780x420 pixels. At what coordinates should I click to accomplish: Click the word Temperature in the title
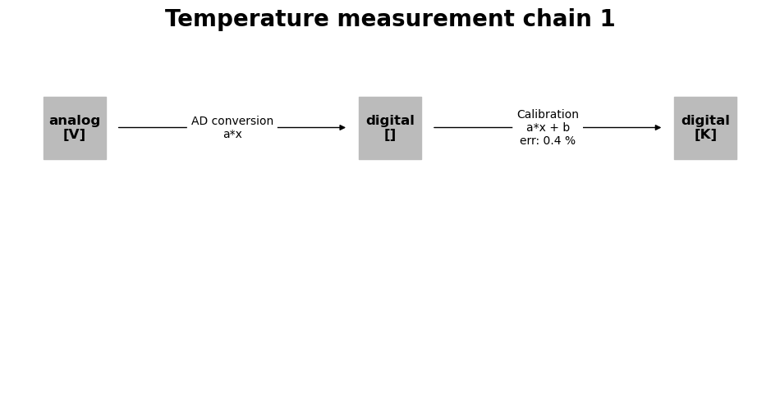coord(247,20)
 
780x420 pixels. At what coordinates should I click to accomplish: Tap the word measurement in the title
coord(425,20)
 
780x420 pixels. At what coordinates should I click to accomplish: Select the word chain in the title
coord(557,19)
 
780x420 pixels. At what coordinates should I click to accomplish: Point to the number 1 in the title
coord(608,19)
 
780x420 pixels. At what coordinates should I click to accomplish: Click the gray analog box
coord(75,128)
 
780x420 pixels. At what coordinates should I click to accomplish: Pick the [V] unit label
coord(75,135)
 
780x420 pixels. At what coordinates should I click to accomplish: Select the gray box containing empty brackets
coord(391,128)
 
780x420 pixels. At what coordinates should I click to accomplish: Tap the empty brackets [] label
coord(390,135)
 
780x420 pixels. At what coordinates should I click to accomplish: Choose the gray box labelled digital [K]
coord(706,128)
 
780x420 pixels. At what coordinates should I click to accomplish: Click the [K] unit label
coord(705,135)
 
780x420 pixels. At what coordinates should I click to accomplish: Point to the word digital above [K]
coord(705,121)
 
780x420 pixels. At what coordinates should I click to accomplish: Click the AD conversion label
coord(232,121)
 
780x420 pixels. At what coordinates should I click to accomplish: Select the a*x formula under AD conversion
coord(232,135)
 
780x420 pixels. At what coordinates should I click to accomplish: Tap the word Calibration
coord(548,114)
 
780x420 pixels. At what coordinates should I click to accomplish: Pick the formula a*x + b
coord(548,128)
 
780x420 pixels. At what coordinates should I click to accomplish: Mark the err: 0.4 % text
coord(548,140)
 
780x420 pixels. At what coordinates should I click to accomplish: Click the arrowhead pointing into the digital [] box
coord(342,128)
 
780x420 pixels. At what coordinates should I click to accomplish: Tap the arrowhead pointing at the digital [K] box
coord(658,128)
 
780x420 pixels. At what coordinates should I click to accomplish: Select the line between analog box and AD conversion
coord(153,128)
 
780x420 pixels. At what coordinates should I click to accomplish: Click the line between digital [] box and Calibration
coord(473,128)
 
